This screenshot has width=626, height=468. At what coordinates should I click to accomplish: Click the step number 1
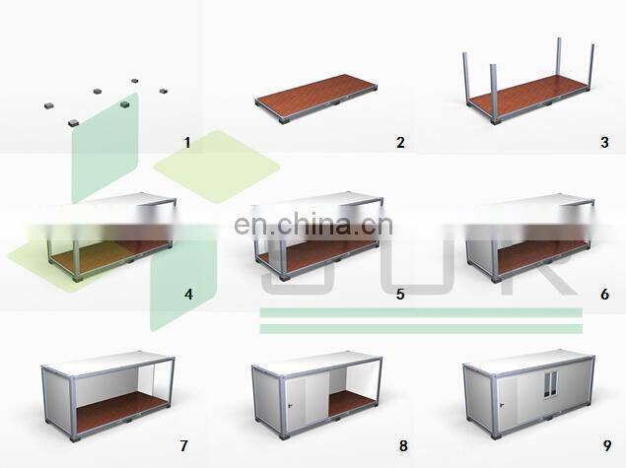tap(187, 143)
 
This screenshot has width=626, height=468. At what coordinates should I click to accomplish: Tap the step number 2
tap(399, 143)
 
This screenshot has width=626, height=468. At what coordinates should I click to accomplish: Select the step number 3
tap(603, 143)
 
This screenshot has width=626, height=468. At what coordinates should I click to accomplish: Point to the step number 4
tap(187, 293)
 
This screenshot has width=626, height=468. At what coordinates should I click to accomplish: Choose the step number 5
tap(399, 293)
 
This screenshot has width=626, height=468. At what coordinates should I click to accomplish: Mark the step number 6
tap(603, 293)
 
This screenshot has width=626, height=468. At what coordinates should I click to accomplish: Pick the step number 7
tap(187, 444)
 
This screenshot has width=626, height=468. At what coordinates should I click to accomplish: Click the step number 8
tap(399, 444)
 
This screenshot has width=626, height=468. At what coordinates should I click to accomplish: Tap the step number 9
tap(603, 444)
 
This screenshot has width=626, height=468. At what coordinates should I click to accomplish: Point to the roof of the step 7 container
tap(108, 363)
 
